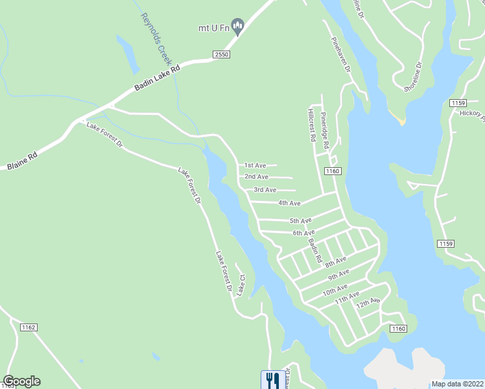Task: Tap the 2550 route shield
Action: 221,55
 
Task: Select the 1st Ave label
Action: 255,165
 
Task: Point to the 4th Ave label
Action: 289,203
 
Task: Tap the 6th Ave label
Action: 303,232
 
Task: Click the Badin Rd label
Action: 315,250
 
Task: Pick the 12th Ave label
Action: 366,303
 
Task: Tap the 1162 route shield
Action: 29,326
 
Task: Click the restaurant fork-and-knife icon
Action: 270,379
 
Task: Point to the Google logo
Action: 21,381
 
